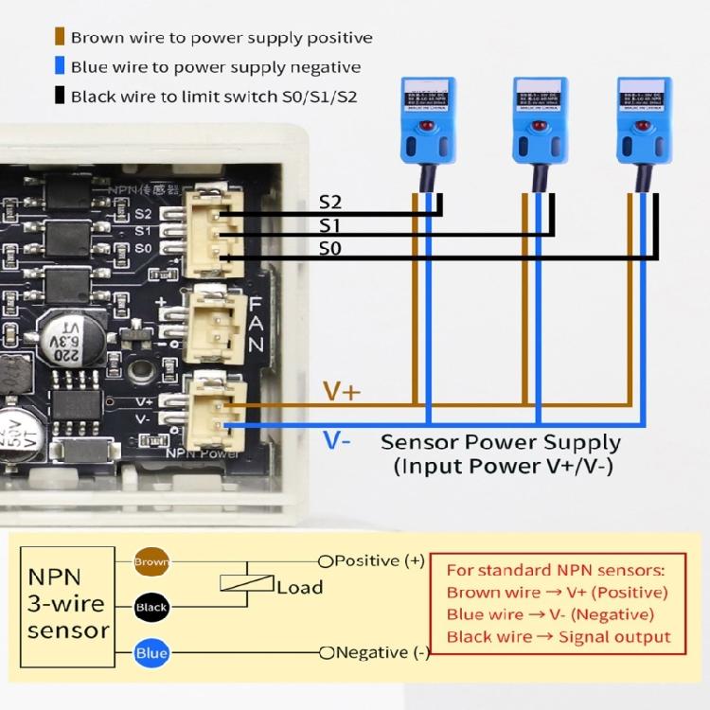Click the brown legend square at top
coord(60,38)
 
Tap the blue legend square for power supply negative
coord(60,67)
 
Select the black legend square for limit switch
coord(60,97)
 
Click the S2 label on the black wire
coord(329,202)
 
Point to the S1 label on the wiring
coord(329,225)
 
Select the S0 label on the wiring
coord(329,249)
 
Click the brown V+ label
coord(342,391)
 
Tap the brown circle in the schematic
coord(151,561)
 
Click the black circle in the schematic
coord(151,607)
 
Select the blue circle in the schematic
coord(151,653)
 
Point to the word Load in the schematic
coord(299,587)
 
